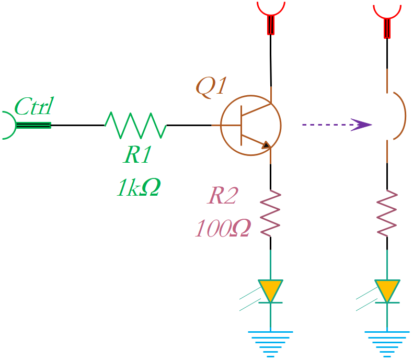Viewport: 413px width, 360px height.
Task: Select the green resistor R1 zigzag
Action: (135, 125)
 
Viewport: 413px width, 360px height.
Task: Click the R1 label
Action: (138, 155)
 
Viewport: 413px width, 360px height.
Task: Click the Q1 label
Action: (211, 86)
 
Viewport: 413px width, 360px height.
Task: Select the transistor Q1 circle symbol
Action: (250, 125)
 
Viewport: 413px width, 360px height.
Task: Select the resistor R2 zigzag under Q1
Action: (270, 213)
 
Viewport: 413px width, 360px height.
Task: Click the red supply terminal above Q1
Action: (270, 16)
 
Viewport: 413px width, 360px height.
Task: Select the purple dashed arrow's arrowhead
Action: (362, 125)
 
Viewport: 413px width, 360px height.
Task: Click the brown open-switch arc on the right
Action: (398, 116)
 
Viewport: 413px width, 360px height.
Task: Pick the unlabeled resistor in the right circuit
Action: (387, 213)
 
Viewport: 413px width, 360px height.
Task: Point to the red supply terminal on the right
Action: (387, 16)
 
